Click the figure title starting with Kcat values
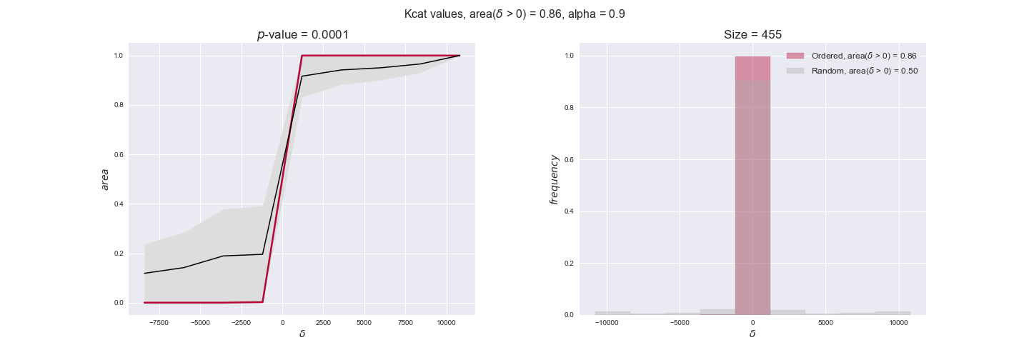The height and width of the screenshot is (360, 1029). (x=514, y=14)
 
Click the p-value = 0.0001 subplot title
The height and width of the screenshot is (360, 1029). (x=303, y=35)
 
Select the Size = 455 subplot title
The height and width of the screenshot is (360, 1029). (x=752, y=35)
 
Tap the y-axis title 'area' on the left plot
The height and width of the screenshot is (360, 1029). (x=105, y=179)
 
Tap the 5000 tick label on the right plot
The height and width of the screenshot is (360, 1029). (x=825, y=324)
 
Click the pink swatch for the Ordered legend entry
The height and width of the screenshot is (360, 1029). (x=795, y=56)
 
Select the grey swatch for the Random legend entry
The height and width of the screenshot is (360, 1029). (x=795, y=71)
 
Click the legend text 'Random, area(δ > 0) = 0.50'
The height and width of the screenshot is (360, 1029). (x=864, y=71)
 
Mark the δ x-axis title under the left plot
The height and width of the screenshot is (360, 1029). (x=302, y=334)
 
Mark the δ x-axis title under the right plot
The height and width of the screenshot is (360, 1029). (x=752, y=334)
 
